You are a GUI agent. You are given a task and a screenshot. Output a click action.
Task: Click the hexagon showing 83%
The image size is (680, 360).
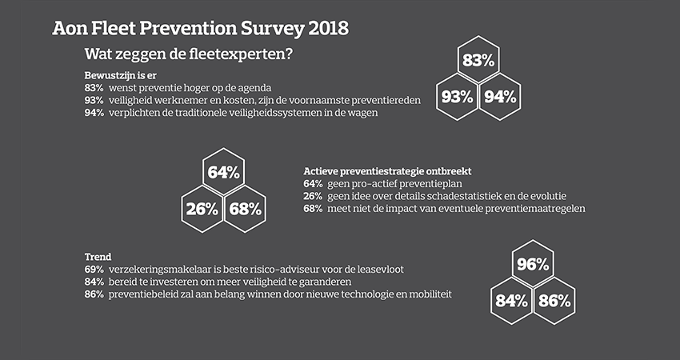coord(479,61)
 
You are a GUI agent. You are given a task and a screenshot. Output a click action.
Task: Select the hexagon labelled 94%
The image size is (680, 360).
coord(501,97)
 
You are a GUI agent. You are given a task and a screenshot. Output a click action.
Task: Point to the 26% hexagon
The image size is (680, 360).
coord(202,210)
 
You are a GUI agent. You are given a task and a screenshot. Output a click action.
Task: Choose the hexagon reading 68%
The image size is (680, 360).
coord(244,210)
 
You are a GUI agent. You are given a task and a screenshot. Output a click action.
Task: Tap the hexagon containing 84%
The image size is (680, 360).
coord(511,302)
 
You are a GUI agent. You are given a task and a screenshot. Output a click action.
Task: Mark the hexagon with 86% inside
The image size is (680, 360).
coord(554,302)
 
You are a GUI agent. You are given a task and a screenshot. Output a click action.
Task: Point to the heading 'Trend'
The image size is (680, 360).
coord(98,257)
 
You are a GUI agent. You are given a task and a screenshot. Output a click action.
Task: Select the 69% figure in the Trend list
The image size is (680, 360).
coord(94,270)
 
